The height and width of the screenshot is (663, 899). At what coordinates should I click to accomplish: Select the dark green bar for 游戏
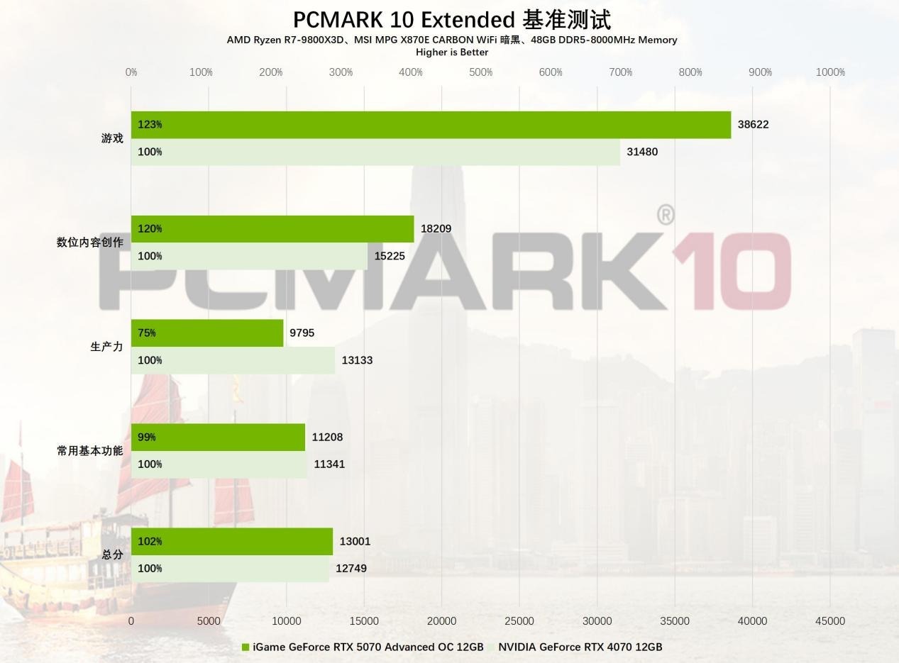coord(431,125)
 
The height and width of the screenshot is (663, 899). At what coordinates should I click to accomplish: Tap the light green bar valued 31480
coord(375,152)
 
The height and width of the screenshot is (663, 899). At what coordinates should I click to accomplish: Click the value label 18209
coord(436,228)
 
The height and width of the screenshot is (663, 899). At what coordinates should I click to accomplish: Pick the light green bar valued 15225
coord(249,256)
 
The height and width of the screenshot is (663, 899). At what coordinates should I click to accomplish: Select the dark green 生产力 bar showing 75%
coord(207,333)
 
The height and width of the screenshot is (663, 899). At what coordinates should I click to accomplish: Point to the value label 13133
coord(357,360)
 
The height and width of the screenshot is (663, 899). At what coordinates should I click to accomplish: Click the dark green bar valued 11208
coord(218,437)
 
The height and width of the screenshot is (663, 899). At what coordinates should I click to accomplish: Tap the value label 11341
coord(329,464)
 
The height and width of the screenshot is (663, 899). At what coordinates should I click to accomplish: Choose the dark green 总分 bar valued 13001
coord(232,541)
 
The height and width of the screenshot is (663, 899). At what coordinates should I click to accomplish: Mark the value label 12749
coord(351,569)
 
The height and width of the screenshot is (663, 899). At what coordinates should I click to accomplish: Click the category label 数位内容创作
coord(89,243)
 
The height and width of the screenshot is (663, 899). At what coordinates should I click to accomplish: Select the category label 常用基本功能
coord(89,451)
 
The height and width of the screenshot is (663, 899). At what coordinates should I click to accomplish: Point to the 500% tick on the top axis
coord(481,72)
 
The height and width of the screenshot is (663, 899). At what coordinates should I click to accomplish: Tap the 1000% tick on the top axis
coord(830,72)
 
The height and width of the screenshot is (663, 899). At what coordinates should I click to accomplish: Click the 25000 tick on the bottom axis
coord(519,621)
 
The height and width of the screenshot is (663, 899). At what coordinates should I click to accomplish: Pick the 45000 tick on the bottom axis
coord(830,621)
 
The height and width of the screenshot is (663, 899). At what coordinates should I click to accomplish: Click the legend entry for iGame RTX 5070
coord(363,647)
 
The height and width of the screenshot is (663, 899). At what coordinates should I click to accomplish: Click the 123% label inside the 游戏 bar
coord(150,125)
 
